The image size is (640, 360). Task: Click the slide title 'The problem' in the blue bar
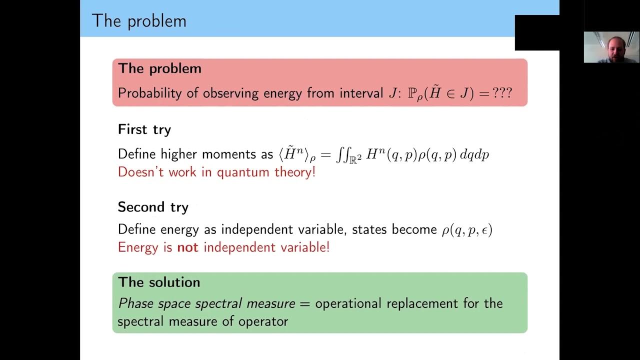pyautogui.click(x=139, y=20)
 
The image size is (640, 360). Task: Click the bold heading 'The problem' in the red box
pyautogui.click(x=159, y=68)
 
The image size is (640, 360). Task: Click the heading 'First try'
pyautogui.click(x=144, y=129)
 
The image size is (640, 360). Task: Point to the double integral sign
pyautogui.click(x=342, y=154)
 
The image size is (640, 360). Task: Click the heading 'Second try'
pyautogui.click(x=152, y=207)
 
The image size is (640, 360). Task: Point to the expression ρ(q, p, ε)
pyautogui.click(x=466, y=229)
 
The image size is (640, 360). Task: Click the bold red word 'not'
pyautogui.click(x=187, y=247)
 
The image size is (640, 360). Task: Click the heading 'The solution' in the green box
pyautogui.click(x=158, y=282)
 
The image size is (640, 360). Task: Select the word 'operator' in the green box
pyautogui.click(x=268, y=321)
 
